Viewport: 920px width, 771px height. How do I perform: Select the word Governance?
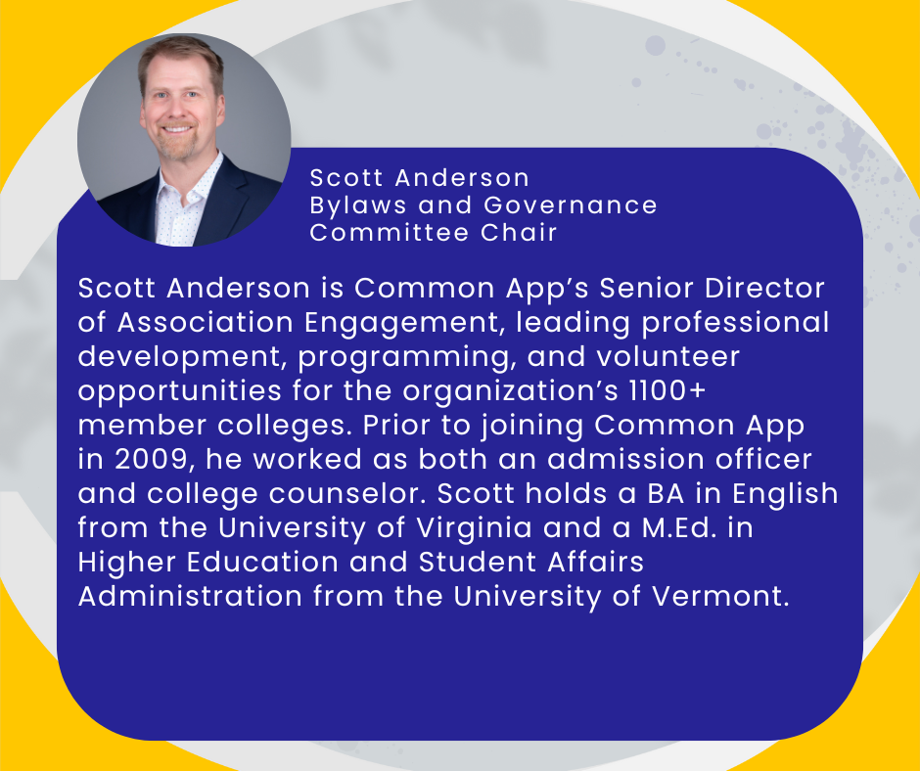pyautogui.click(x=571, y=204)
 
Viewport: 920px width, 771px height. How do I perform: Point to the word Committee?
pyautogui.click(x=389, y=232)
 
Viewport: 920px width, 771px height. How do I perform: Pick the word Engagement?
pyautogui.click(x=405, y=323)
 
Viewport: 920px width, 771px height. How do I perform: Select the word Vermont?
pyautogui.click(x=720, y=596)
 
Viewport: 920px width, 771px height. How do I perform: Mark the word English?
pyautogui.click(x=785, y=493)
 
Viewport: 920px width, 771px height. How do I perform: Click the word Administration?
pyautogui.click(x=190, y=596)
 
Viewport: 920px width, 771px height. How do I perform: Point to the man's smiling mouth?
pyautogui.click(x=178, y=129)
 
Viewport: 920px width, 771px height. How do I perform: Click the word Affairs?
pyautogui.click(x=595, y=562)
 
